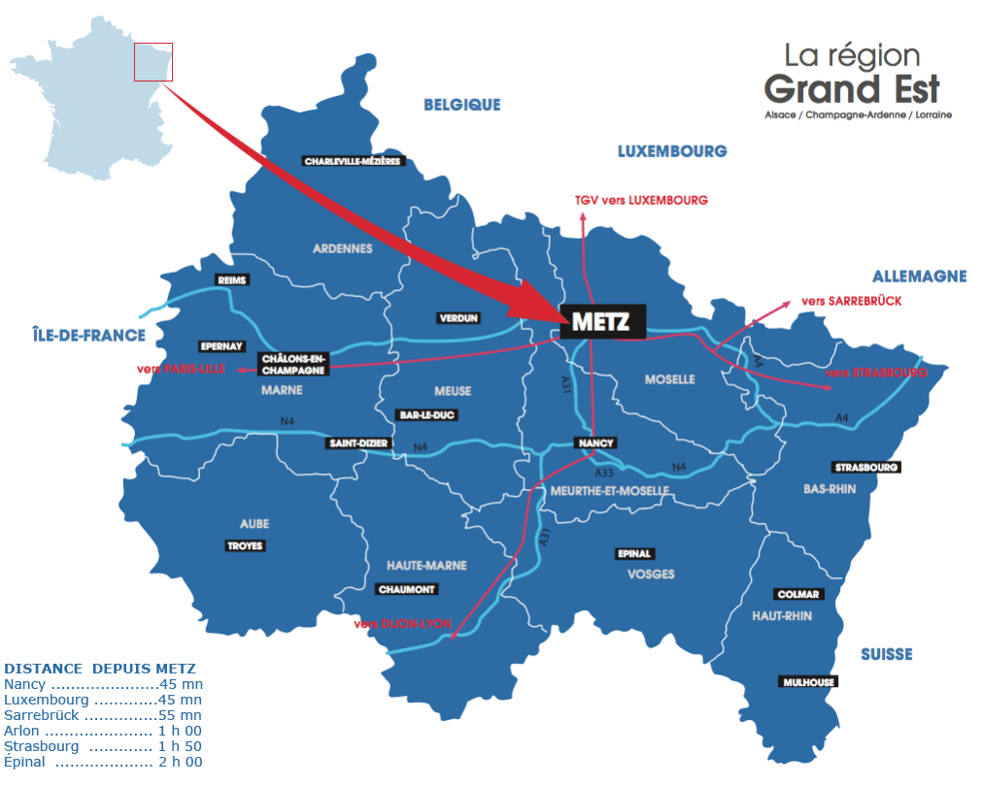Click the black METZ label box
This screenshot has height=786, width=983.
click(602, 322)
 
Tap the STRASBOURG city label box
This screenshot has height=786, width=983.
click(866, 468)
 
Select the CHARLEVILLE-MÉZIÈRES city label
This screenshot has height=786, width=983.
click(353, 161)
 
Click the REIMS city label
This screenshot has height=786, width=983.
click(233, 280)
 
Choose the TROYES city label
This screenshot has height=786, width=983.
click(245, 546)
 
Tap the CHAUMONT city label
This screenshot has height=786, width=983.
click(407, 589)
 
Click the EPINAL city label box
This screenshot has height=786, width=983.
click(634, 554)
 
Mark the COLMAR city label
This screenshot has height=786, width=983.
click(798, 594)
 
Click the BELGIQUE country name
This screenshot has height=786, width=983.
click(461, 105)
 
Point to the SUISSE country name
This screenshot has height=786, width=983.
click(886, 655)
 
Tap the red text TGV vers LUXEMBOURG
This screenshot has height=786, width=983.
click(640, 200)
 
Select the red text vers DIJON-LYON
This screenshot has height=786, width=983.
click(402, 624)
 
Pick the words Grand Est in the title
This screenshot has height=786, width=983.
click(852, 89)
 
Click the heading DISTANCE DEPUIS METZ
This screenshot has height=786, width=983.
click(100, 669)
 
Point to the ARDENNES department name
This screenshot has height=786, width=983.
click(342, 248)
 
